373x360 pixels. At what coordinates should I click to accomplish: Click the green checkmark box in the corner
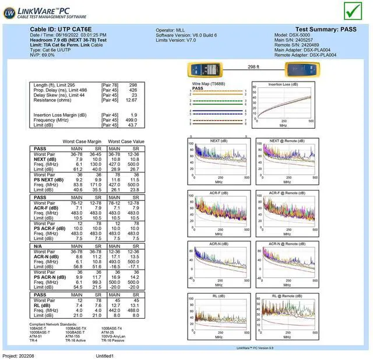click(x=353, y=11)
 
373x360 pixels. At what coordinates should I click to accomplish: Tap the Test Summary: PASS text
click(x=326, y=29)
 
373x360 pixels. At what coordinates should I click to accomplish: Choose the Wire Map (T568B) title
click(x=208, y=84)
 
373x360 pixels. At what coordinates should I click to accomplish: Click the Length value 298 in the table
click(x=133, y=85)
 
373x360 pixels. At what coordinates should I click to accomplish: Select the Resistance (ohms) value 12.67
click(x=131, y=100)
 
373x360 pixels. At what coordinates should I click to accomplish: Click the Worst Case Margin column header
click(x=83, y=142)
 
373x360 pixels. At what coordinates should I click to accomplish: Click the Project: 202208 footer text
click(x=19, y=355)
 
